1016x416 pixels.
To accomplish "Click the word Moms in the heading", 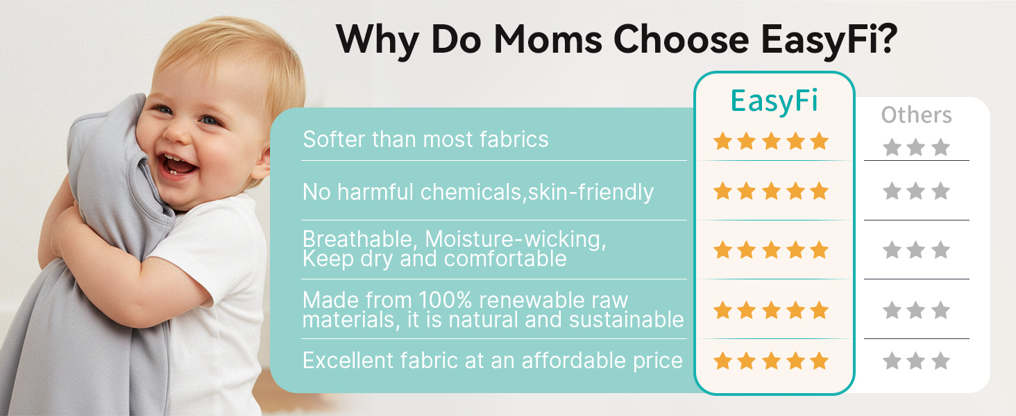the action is (x=548, y=40).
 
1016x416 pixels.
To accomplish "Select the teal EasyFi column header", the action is (x=774, y=101).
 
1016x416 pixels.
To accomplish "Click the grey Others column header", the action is (x=916, y=115).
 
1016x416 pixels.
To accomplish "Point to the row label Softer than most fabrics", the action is (x=425, y=139).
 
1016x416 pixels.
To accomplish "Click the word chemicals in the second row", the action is (x=472, y=191).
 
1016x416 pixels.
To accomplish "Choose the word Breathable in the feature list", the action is (x=357, y=239).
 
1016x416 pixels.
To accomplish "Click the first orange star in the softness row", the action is (x=722, y=141).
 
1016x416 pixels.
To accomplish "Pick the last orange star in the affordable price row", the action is (x=820, y=361).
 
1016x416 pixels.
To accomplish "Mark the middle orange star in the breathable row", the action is (x=771, y=250).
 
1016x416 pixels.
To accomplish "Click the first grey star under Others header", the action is (x=892, y=147).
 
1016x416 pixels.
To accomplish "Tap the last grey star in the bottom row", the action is (x=941, y=361).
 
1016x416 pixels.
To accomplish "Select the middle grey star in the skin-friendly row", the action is (x=916, y=191).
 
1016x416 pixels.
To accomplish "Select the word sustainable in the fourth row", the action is (x=627, y=320).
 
